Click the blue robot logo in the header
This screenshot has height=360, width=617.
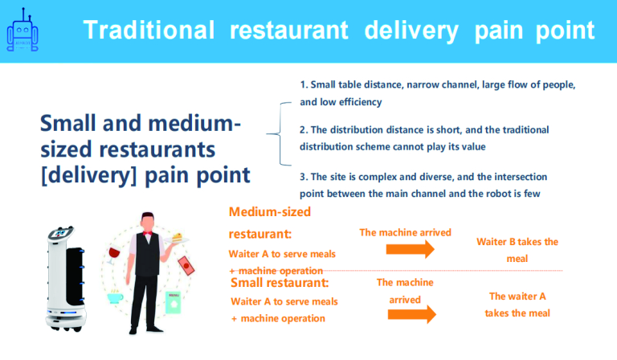(x=22, y=31)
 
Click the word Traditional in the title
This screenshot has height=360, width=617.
(x=149, y=31)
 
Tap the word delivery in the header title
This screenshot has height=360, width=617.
(x=411, y=31)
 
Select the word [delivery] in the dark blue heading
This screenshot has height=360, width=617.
(x=88, y=175)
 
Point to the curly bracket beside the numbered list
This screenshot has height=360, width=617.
(x=280, y=133)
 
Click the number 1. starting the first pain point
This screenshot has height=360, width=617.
(x=304, y=84)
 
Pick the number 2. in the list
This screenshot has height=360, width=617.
(x=304, y=130)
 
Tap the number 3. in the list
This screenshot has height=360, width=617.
(x=304, y=177)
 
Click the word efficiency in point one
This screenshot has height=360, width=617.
(x=361, y=102)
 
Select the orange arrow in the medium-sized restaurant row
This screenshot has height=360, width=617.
(x=410, y=249)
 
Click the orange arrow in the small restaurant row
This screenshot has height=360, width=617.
(x=411, y=314)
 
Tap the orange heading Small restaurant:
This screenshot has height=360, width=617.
(x=280, y=283)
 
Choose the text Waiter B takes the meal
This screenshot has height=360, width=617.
(x=517, y=250)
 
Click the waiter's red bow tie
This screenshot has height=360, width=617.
(x=148, y=233)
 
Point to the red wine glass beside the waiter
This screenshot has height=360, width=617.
(x=114, y=254)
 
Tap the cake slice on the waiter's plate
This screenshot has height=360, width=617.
(x=177, y=237)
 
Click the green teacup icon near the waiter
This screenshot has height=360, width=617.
(x=115, y=297)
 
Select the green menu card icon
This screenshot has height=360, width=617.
(x=174, y=302)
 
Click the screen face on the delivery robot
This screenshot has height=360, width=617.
(x=60, y=233)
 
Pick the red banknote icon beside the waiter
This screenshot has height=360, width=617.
(x=186, y=265)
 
